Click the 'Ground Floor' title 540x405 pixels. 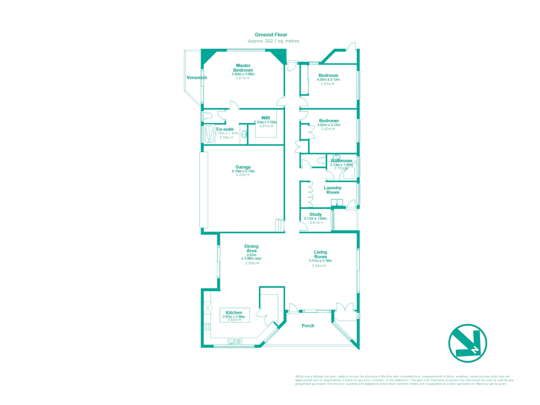coord(271,34)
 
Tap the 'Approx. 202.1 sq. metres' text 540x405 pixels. coord(274,41)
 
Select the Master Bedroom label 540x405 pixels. coord(243,68)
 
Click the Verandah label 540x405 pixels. coord(197,78)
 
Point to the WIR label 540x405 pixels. coord(266,118)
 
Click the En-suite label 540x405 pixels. coord(225,129)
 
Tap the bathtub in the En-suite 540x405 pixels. coord(209,134)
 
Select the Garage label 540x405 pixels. coord(243,167)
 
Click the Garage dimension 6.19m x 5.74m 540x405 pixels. coord(243,171)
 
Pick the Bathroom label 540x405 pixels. coord(341,160)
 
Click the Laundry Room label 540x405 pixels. coord(332,190)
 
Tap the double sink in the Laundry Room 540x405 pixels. coord(337,202)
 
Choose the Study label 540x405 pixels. coord(316,214)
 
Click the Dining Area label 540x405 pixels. coord(251,248)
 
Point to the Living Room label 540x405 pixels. coord(320,254)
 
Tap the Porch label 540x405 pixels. coord(308,325)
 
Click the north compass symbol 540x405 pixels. coord(468,343)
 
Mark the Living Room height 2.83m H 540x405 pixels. coord(319,266)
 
